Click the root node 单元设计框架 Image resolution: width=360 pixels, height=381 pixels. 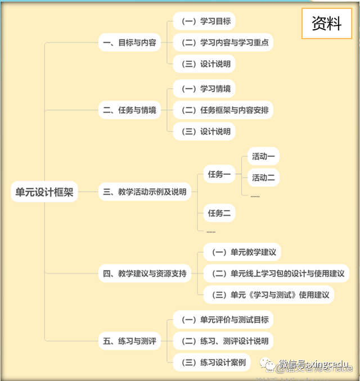(x=44, y=192)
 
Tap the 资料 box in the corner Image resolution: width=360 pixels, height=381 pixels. (x=327, y=24)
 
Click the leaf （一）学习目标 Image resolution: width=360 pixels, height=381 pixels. (x=204, y=21)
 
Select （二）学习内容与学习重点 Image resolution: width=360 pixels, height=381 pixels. (x=223, y=43)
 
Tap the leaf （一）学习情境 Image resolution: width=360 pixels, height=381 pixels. (x=204, y=89)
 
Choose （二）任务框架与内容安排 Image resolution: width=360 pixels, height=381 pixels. (x=223, y=110)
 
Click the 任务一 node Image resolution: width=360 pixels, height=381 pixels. (x=219, y=174)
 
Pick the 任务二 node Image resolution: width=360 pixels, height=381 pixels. (x=219, y=213)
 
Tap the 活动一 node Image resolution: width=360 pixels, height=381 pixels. (x=263, y=157)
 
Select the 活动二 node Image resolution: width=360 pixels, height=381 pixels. (x=263, y=178)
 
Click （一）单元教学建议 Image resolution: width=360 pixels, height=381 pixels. (x=242, y=252)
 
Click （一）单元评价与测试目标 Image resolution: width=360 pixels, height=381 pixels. (x=223, y=320)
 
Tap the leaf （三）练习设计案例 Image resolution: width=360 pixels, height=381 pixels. (x=211, y=362)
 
